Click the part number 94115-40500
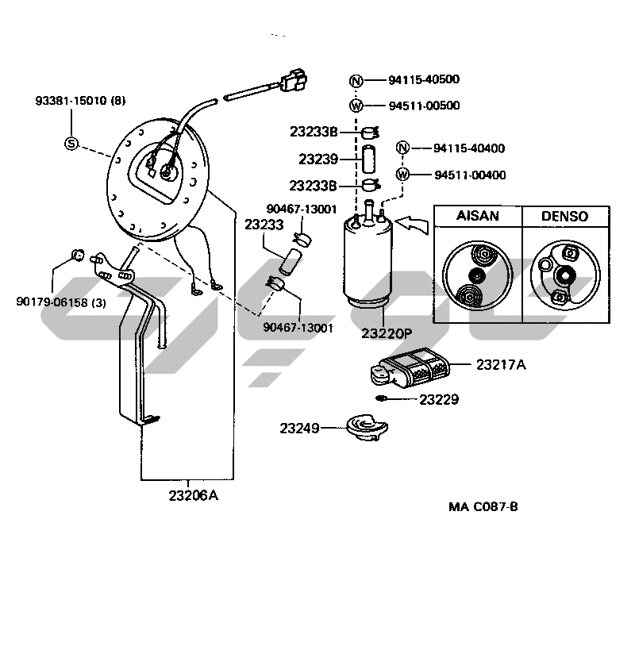point(424,79)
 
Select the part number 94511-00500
point(424,106)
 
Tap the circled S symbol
point(71,144)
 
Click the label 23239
point(317,160)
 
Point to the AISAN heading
point(479,217)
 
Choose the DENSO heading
point(564,217)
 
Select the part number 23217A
point(502,365)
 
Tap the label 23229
point(439,399)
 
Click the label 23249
point(299,428)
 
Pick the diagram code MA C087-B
point(483,506)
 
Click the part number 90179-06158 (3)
point(60,302)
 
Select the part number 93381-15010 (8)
point(80,101)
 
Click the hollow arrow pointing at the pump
point(411,225)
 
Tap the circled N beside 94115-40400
point(403,148)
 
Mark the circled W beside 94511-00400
point(403,175)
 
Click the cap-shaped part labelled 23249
point(364,426)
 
